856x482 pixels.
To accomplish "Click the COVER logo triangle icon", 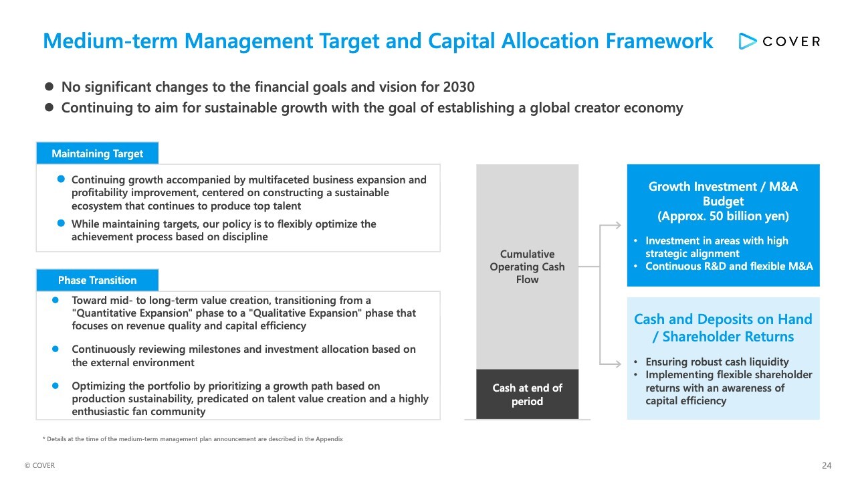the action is (x=747, y=42).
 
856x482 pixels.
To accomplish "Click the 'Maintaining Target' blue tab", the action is (x=98, y=153).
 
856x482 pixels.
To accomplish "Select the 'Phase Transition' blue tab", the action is (x=98, y=280).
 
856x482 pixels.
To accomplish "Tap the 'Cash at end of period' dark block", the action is (x=527, y=394).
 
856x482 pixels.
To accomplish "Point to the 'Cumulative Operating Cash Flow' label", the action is (x=527, y=266).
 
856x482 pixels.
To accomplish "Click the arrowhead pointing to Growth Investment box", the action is (x=617, y=226).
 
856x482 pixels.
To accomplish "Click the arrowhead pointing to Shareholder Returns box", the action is (x=617, y=364).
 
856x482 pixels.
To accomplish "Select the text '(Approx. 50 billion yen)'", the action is (x=723, y=216).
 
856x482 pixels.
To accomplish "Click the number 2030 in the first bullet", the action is (x=459, y=87).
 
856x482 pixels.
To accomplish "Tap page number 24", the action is (x=827, y=465).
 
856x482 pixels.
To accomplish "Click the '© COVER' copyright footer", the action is (x=39, y=465).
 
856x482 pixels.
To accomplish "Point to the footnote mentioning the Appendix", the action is (x=193, y=438).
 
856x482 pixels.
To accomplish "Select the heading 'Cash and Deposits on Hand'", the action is (x=723, y=319).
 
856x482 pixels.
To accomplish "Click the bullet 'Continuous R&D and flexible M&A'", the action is (x=729, y=266).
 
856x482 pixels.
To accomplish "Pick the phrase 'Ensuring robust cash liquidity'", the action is (x=717, y=361).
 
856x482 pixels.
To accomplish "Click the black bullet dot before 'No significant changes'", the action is (x=49, y=86).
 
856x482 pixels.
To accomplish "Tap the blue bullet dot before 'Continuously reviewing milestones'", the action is (x=56, y=349).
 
